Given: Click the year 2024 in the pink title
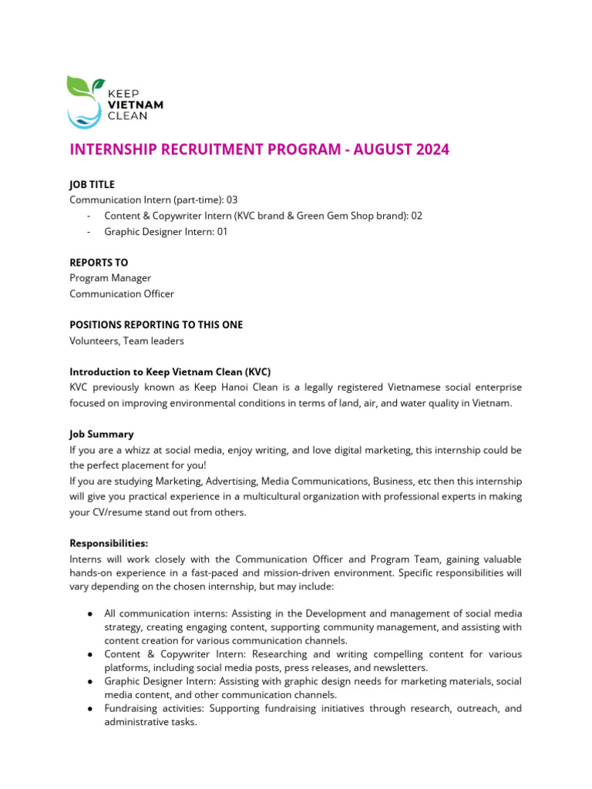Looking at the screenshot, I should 425,149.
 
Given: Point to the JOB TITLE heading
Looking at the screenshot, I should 92,185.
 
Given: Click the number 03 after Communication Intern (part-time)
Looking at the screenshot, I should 231,200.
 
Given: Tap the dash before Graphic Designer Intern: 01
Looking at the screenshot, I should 90,231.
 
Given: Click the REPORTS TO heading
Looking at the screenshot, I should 99,263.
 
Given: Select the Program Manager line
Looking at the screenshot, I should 110,278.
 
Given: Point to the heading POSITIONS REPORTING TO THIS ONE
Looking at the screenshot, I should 156,325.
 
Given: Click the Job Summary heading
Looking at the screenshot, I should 101,435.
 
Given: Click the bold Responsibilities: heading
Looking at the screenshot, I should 109,543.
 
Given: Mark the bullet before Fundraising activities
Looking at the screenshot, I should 91,708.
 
